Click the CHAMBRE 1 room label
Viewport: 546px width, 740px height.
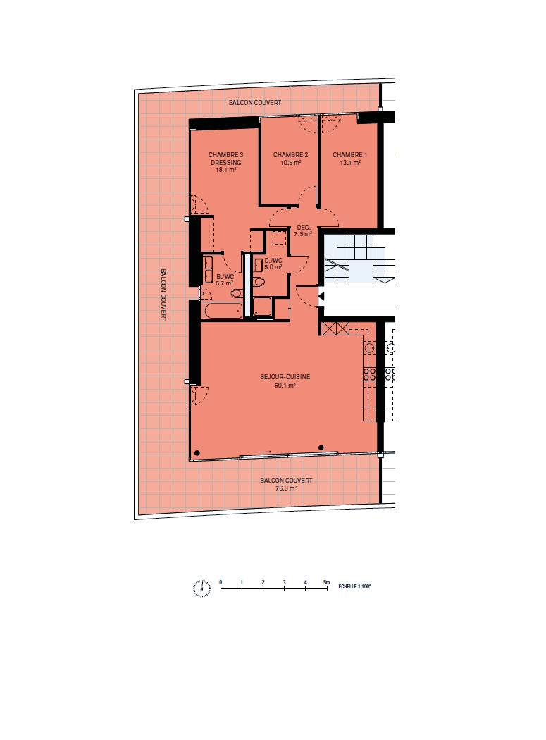349,155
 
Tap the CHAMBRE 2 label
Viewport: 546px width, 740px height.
291,155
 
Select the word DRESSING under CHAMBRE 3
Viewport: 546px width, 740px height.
226,162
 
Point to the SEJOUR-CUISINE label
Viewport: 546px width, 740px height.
285,377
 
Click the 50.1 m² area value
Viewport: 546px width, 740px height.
285,386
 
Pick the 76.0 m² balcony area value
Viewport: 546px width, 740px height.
286,488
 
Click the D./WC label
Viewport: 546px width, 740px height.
273,261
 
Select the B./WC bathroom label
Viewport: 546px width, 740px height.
225,277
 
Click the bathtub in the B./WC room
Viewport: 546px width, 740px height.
222,311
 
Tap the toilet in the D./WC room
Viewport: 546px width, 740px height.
258,282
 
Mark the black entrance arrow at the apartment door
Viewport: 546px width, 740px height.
322,297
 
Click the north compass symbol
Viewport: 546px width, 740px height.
201,588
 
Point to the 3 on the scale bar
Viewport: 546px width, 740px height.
284,582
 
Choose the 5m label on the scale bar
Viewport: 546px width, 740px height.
327,582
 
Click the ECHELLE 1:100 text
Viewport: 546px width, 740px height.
354,586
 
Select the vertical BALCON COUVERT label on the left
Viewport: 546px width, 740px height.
163,295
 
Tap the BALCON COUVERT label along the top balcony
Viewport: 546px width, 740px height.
255,102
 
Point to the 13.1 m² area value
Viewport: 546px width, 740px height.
350,163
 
